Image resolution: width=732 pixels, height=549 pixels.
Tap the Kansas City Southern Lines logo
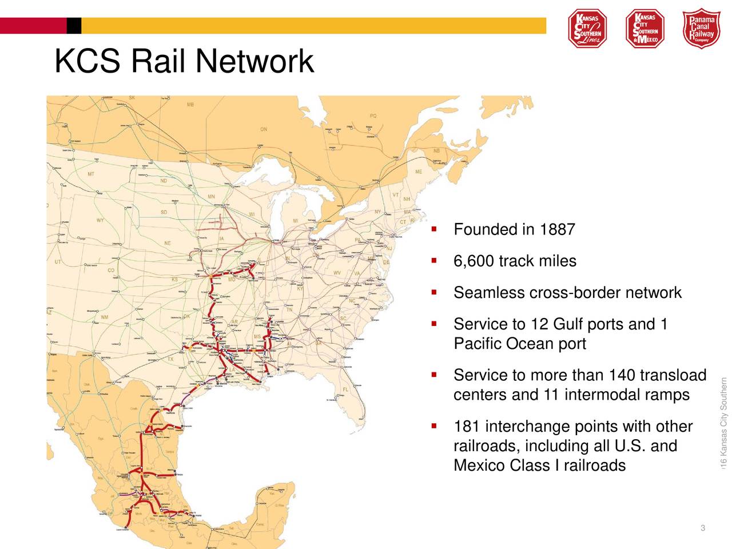pyautogui.click(x=587, y=28)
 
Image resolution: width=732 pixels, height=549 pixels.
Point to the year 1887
pyautogui.click(x=558, y=230)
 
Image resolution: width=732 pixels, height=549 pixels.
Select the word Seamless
pyautogui.click(x=489, y=293)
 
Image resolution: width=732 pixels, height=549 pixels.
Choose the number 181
pyautogui.click(x=466, y=427)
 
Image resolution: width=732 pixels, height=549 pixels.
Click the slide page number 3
pyautogui.click(x=702, y=527)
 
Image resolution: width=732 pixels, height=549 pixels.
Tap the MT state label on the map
pyautogui.click(x=91, y=174)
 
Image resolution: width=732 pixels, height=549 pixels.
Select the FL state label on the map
pyautogui.click(x=345, y=389)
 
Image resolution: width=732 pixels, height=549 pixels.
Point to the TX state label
pyautogui.click(x=170, y=360)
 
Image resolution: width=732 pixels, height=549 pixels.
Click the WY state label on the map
pyautogui.click(x=100, y=220)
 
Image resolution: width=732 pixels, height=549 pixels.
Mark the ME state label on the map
pyautogui.click(x=419, y=172)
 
